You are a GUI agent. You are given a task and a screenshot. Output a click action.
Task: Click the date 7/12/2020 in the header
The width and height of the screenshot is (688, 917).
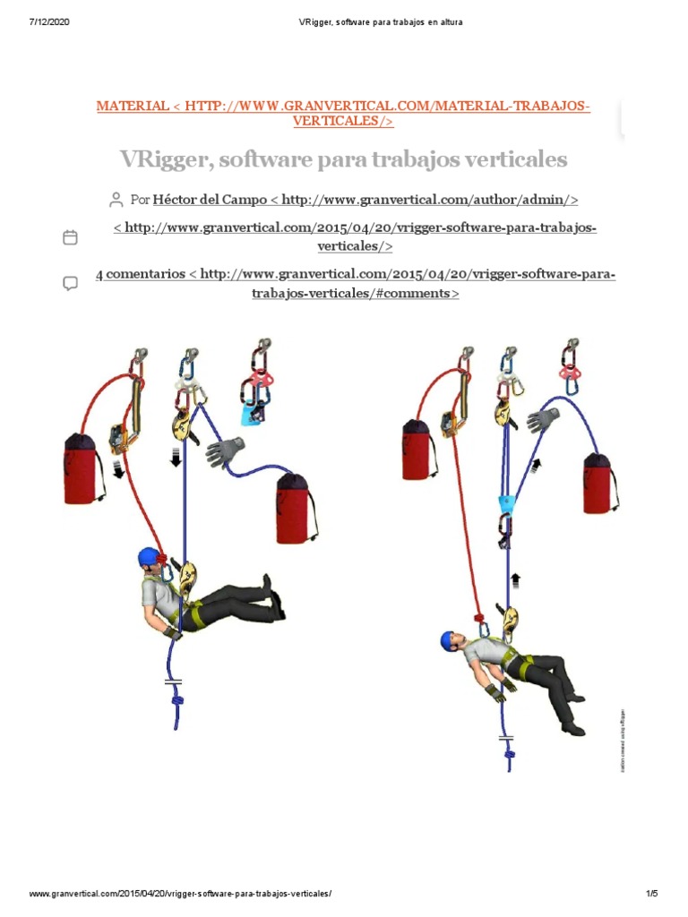(49, 22)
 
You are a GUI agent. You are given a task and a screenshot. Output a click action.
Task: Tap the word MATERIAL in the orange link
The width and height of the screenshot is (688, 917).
(132, 107)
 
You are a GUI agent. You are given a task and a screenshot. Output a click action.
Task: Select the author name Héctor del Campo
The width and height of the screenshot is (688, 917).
(211, 200)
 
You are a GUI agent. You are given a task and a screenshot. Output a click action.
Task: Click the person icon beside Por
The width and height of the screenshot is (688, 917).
(116, 199)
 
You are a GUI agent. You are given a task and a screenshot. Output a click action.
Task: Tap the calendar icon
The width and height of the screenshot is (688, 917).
(70, 237)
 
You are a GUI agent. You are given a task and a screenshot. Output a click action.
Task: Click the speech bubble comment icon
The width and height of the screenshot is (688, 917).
(70, 283)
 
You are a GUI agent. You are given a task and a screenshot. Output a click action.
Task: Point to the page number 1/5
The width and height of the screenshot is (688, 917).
(651, 894)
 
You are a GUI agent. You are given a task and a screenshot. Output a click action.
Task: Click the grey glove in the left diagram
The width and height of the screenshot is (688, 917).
(225, 451)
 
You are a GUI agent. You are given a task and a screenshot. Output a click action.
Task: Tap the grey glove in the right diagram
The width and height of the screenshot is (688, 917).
(543, 419)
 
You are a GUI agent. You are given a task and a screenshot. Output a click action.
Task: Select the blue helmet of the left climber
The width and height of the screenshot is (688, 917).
(149, 558)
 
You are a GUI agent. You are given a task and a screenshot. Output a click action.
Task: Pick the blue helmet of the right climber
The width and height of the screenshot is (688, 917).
(450, 640)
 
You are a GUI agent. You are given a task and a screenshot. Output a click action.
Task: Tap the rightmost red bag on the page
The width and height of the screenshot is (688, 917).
(598, 484)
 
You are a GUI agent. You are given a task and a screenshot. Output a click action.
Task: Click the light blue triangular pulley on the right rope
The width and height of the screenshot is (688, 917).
(507, 501)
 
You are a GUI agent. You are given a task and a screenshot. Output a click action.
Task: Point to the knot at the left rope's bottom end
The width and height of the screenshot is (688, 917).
(177, 703)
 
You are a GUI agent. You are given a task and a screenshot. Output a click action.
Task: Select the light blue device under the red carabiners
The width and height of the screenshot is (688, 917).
(252, 414)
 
